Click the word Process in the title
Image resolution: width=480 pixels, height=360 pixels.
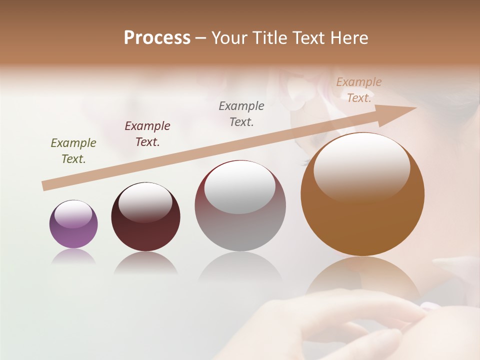pyautogui.click(x=157, y=38)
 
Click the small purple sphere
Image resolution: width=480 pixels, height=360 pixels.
pyautogui.click(x=73, y=230)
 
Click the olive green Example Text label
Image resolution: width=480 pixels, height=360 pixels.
pyautogui.click(x=73, y=151)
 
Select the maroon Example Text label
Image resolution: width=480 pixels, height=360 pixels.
pyautogui.click(x=147, y=134)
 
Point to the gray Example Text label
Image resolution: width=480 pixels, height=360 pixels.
pyautogui.click(x=241, y=114)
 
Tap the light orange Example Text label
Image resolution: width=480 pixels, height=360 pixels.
pyautogui.click(x=359, y=90)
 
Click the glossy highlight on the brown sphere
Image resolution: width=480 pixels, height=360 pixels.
pyautogui.click(x=361, y=166)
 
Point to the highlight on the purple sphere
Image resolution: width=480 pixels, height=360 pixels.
pyautogui.click(x=73, y=214)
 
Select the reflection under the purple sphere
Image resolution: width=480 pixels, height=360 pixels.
pyautogui.click(x=73, y=256)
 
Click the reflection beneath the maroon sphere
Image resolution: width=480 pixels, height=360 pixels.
pyautogui.click(x=145, y=263)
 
